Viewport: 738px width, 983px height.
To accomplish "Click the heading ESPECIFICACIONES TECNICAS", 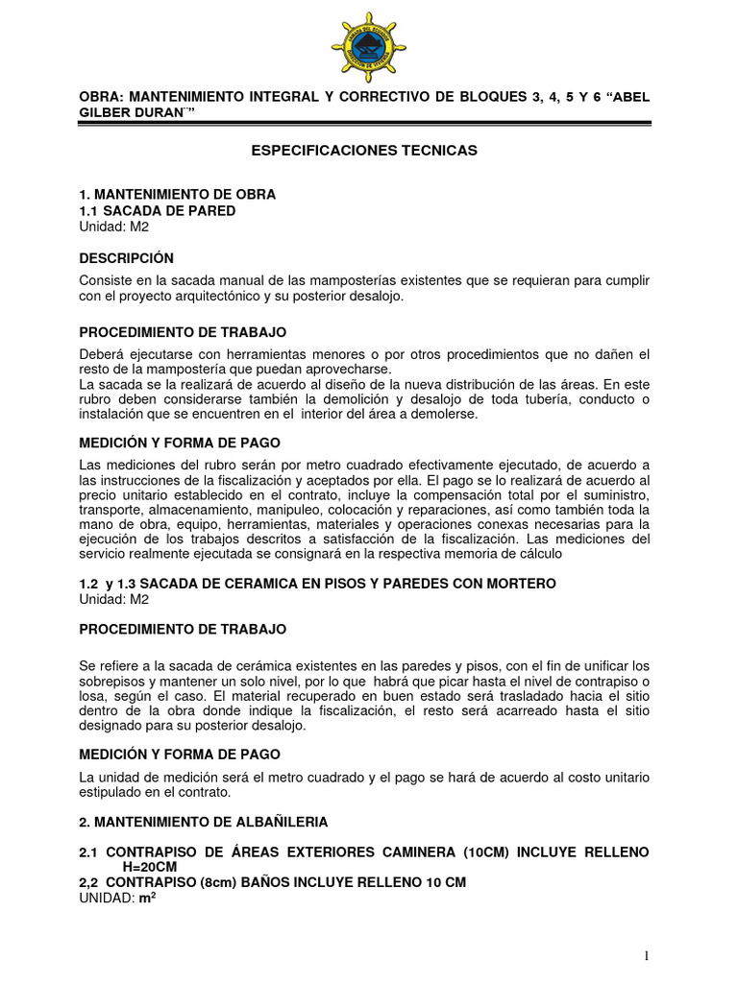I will click(x=363, y=151).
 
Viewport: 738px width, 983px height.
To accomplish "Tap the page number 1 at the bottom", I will click(x=648, y=955).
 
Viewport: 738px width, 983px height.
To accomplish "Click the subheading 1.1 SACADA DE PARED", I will click(x=157, y=210).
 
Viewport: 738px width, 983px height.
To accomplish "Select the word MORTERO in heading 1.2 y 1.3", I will click(x=517, y=584).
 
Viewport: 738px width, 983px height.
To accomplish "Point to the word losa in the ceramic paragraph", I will click(x=93, y=696).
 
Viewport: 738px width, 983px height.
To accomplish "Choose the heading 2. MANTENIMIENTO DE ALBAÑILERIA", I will click(x=204, y=822).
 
